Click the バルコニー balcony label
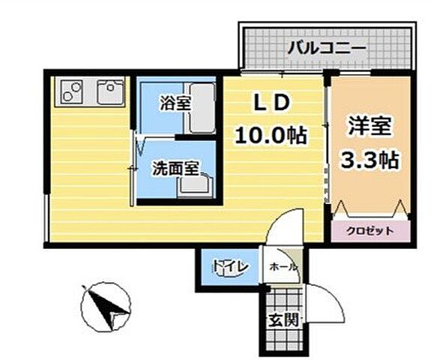pos(326,49)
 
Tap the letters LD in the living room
pos(271,103)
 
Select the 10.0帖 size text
pos(271,136)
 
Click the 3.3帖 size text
pos(370,160)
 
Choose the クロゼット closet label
pos(370,230)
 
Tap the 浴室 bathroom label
pos(174,103)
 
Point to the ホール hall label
pos(283,267)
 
